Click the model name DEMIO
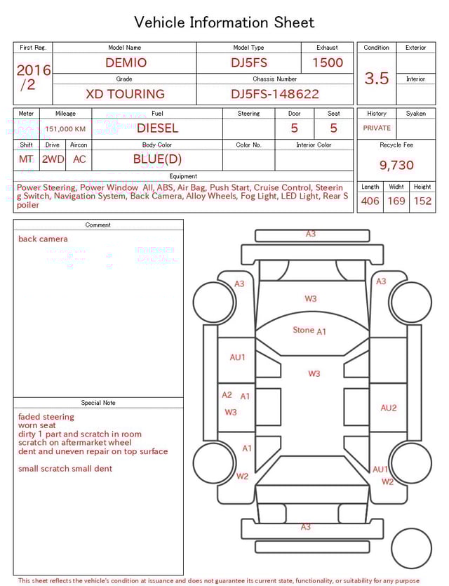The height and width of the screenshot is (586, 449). [x=126, y=62]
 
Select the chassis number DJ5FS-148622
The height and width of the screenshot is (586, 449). [x=275, y=94]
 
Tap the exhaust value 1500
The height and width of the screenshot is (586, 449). [x=328, y=62]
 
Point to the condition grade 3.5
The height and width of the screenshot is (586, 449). [x=377, y=79]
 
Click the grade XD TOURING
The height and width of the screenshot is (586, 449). [x=125, y=94]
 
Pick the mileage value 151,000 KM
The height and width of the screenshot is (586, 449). [x=65, y=129]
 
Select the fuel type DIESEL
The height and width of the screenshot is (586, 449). [x=157, y=128]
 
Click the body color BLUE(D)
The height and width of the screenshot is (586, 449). [x=157, y=159]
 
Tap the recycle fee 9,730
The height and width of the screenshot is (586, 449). [x=396, y=166]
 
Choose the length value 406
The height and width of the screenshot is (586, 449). [x=370, y=201]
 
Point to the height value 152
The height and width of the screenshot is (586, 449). [x=422, y=201]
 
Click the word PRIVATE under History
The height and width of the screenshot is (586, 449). [x=377, y=128]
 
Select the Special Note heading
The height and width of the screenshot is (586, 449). [x=98, y=403]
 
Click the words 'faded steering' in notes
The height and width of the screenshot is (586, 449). [x=46, y=417]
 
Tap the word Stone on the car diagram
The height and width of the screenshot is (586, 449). [x=303, y=330]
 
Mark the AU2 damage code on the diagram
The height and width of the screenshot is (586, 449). [x=389, y=408]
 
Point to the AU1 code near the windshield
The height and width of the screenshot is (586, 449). [x=238, y=357]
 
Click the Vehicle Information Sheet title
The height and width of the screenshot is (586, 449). [x=224, y=22]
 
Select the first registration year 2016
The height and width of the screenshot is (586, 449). [x=34, y=71]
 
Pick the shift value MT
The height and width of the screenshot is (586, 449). [x=26, y=159]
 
